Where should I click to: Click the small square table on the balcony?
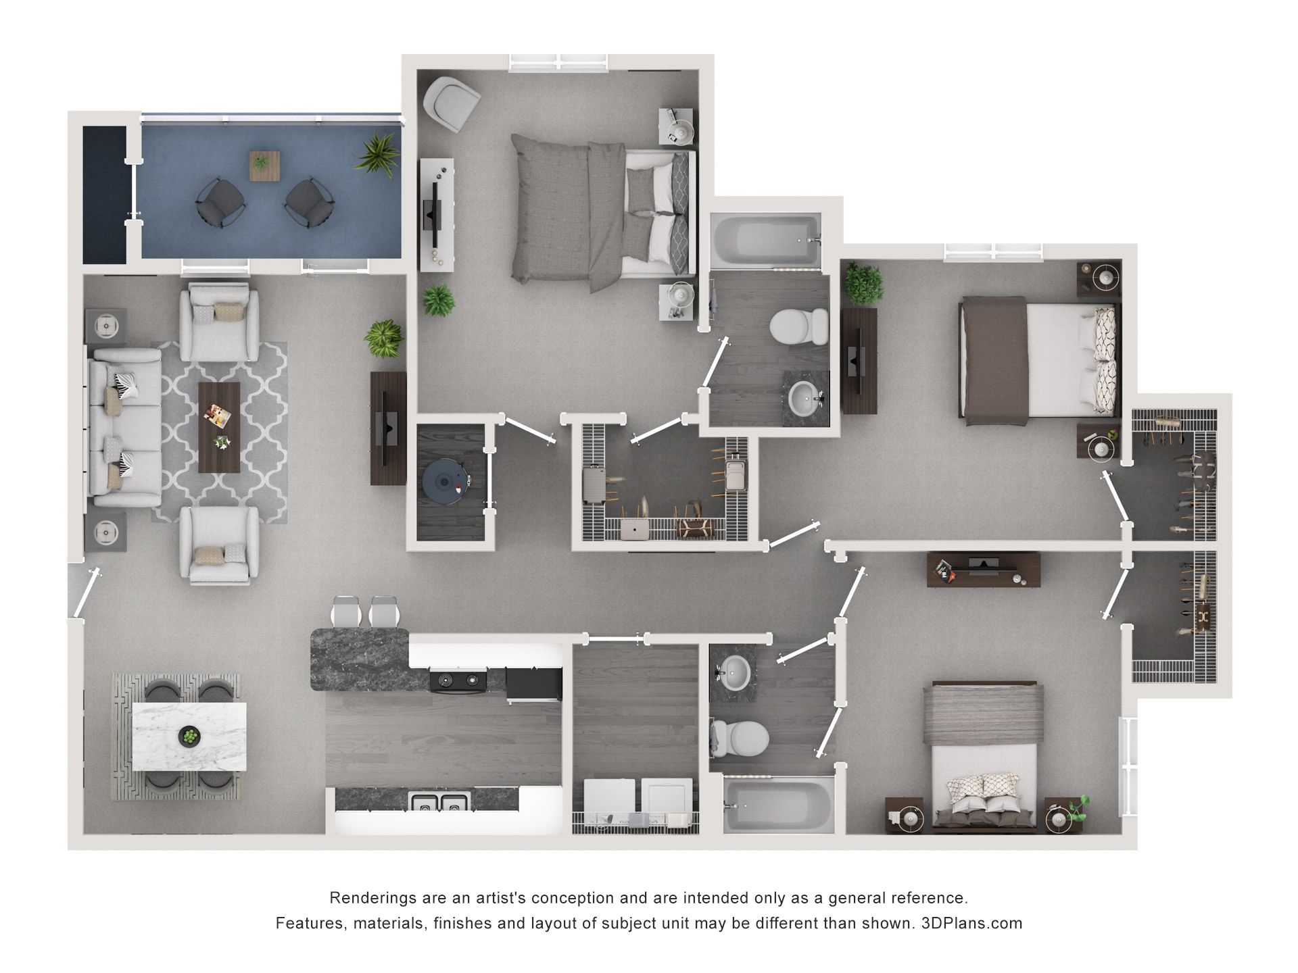tap(264, 166)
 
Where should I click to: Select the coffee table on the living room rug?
tap(219, 427)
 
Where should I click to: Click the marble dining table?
tap(189, 736)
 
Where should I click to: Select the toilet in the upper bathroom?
tap(799, 327)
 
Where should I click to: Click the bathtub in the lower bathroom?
tap(777, 804)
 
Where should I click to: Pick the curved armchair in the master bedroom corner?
tap(451, 103)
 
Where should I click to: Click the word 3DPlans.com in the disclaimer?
tap(971, 923)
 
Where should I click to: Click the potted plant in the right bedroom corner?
tap(863, 284)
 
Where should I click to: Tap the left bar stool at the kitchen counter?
tap(346, 612)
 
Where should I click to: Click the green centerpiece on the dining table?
tap(190, 735)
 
